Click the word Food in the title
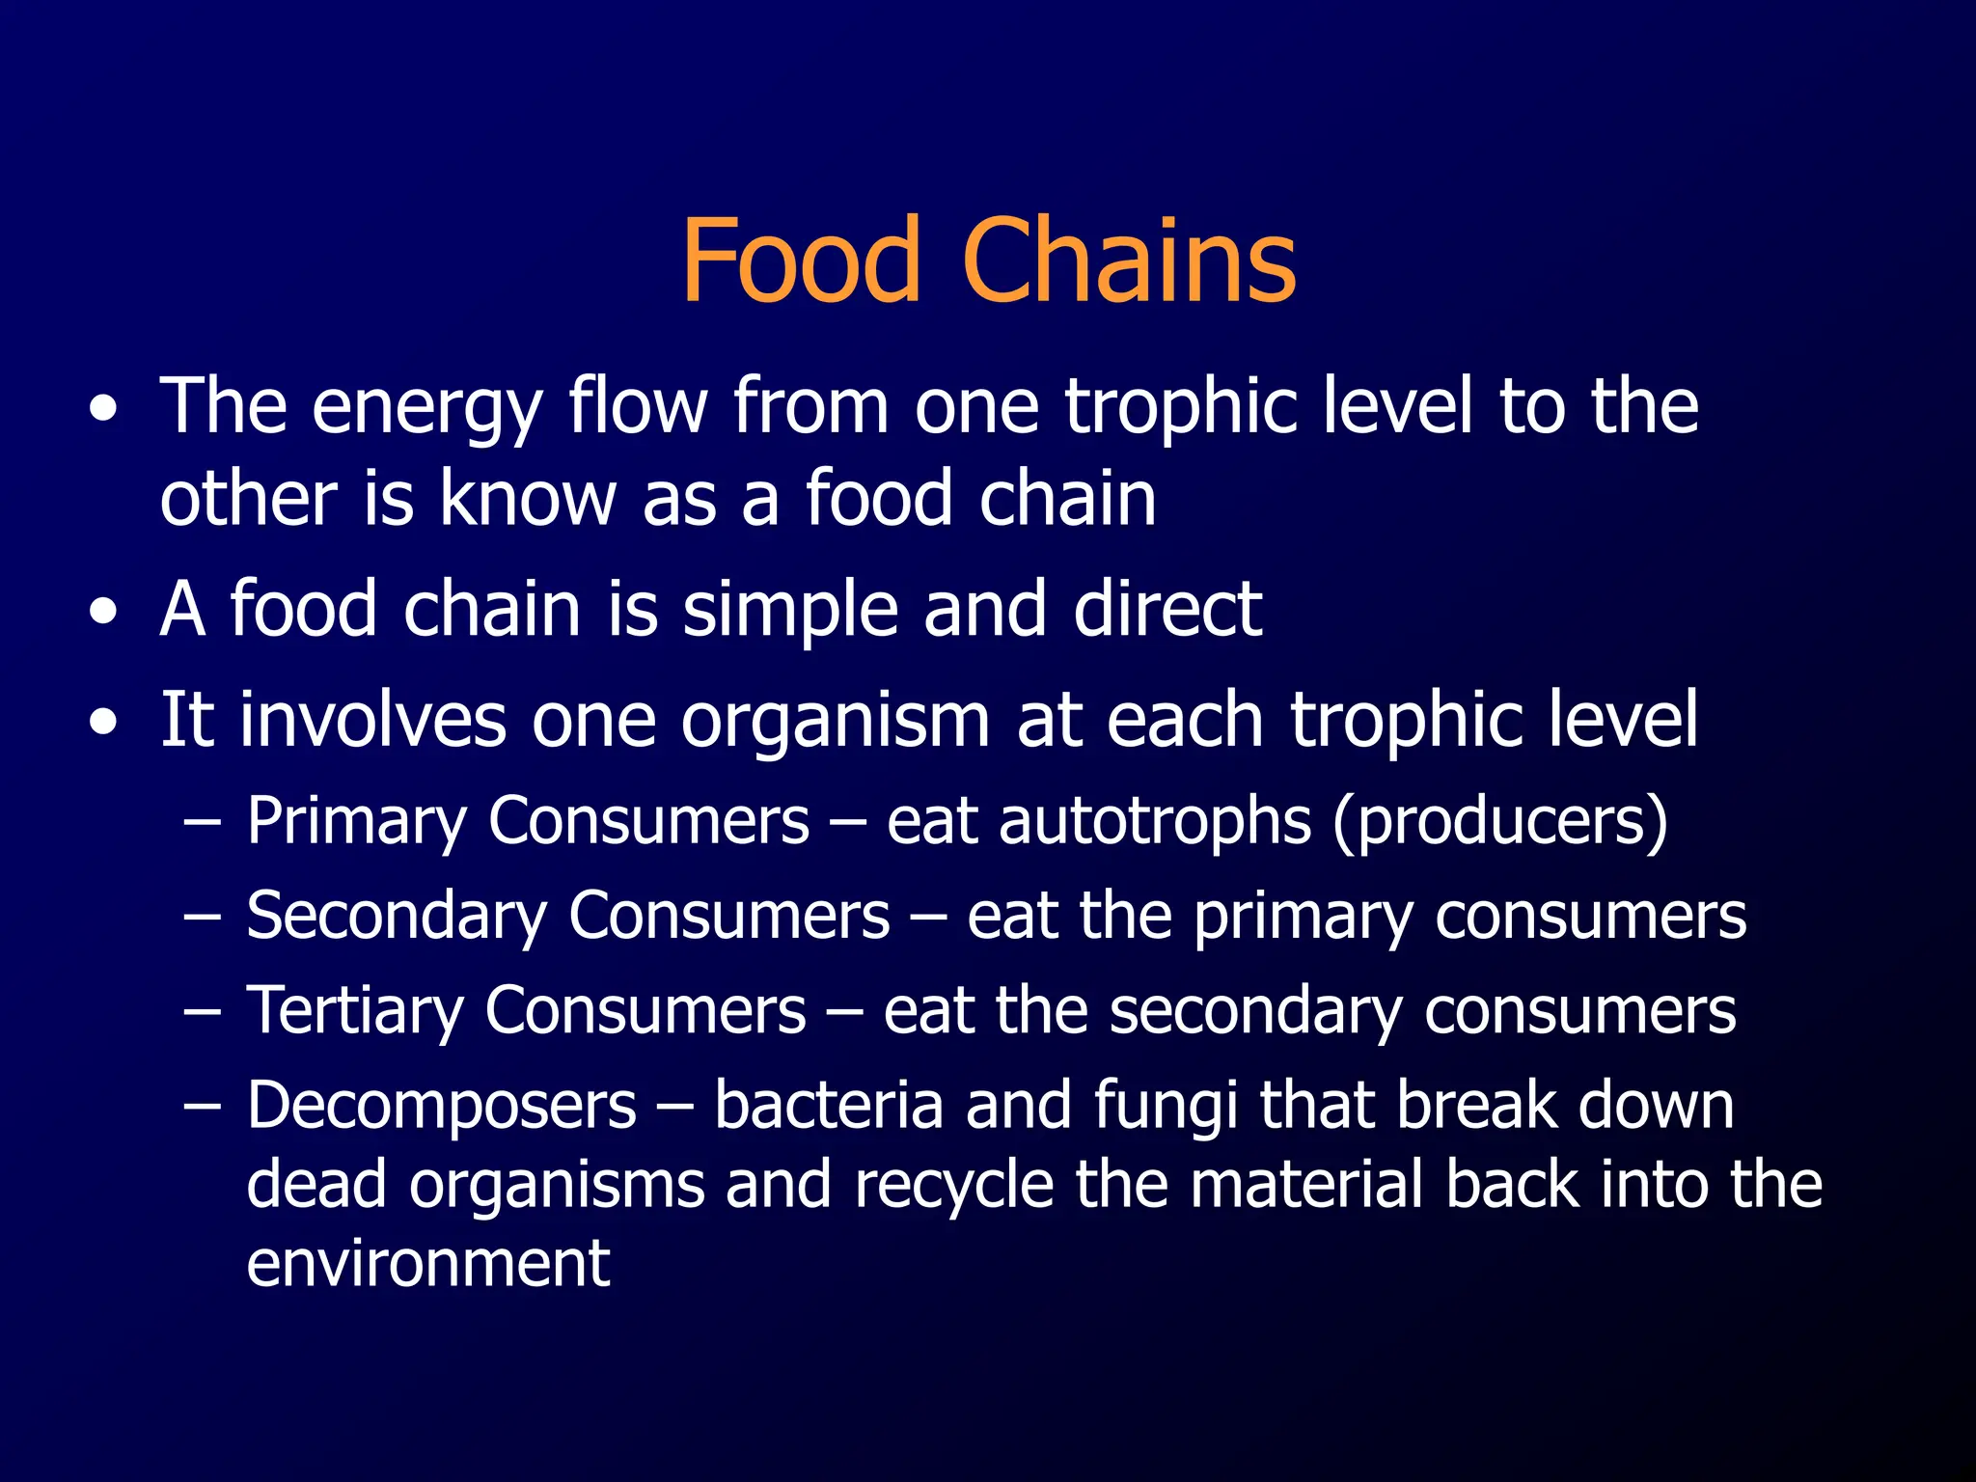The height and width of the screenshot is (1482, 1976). [801, 261]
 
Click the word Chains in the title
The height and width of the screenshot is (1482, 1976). [1129, 261]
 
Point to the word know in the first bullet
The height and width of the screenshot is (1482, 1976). [528, 500]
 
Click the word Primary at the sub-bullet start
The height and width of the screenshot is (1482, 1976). [356, 823]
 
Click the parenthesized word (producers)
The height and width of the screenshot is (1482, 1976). [1500, 823]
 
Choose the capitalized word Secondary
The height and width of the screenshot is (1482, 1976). [396, 917]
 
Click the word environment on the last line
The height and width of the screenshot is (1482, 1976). [427, 1263]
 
